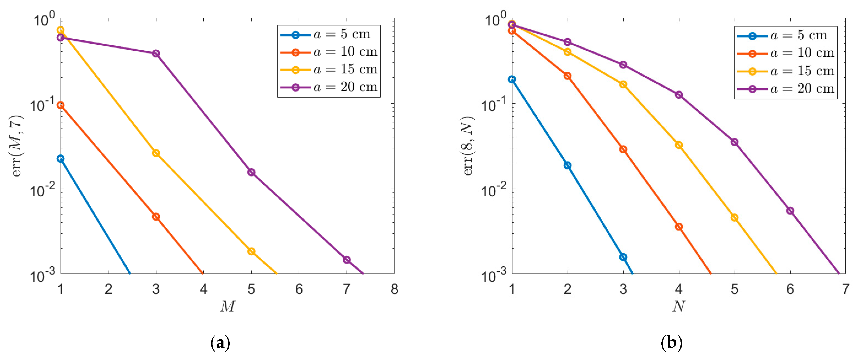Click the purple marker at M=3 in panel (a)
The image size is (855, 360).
[x=156, y=53]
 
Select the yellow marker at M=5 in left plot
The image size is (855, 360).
[x=251, y=251]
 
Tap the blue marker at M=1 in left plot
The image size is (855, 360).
[x=60, y=159]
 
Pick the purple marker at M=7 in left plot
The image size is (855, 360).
[x=346, y=260]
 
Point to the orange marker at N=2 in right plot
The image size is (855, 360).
[x=568, y=76]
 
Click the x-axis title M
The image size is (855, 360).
[x=227, y=306]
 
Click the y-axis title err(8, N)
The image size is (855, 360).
[x=469, y=146]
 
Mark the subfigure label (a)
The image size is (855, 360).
[x=220, y=343]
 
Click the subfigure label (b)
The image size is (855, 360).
[x=671, y=343]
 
